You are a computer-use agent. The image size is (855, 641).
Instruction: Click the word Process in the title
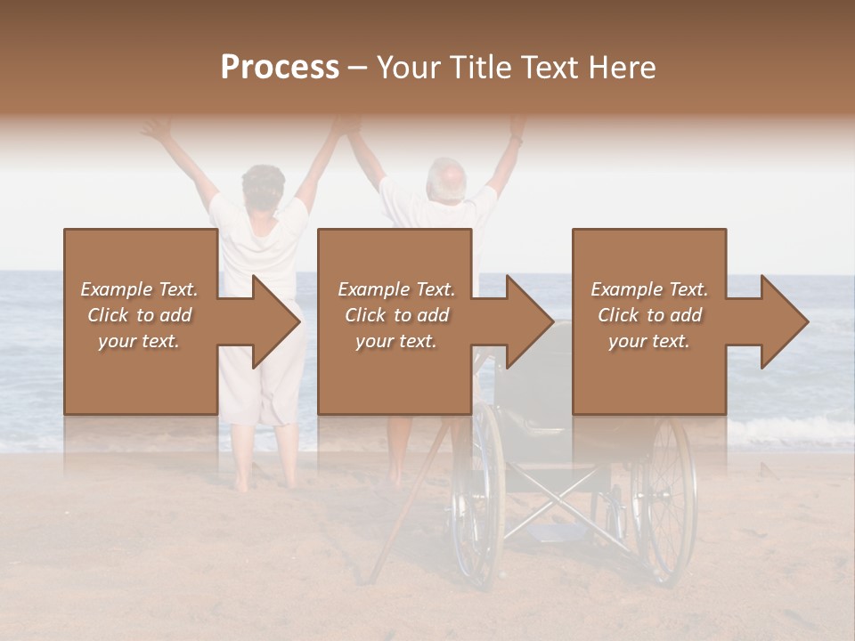[x=280, y=68]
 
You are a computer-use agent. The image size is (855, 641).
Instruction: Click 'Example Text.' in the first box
[x=140, y=289]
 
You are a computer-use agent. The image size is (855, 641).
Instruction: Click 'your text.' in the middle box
[x=395, y=342]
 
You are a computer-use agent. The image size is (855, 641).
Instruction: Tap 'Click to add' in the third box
[x=649, y=315]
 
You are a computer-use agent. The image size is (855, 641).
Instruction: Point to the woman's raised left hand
[x=157, y=129]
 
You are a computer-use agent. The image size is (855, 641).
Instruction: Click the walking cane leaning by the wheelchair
[x=405, y=507]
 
